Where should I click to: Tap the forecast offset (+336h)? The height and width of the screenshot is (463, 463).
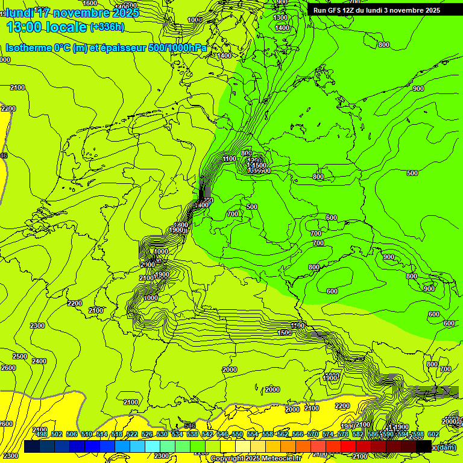[107, 27]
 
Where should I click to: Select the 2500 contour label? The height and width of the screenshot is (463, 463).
[20, 356]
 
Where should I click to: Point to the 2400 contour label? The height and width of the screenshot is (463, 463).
[39, 361]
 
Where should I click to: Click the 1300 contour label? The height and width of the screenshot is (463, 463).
[281, 18]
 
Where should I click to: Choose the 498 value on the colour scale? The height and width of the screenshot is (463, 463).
[42, 434]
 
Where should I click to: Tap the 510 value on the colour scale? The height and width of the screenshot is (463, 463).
[87, 434]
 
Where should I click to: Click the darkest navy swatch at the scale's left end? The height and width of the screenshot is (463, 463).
[32, 446]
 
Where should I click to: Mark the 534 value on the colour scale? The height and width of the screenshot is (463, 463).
[177, 434]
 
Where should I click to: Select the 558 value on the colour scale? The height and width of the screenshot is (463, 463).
[268, 434]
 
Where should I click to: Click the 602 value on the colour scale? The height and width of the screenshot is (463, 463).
[433, 434]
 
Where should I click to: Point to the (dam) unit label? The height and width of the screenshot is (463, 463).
[447, 447]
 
